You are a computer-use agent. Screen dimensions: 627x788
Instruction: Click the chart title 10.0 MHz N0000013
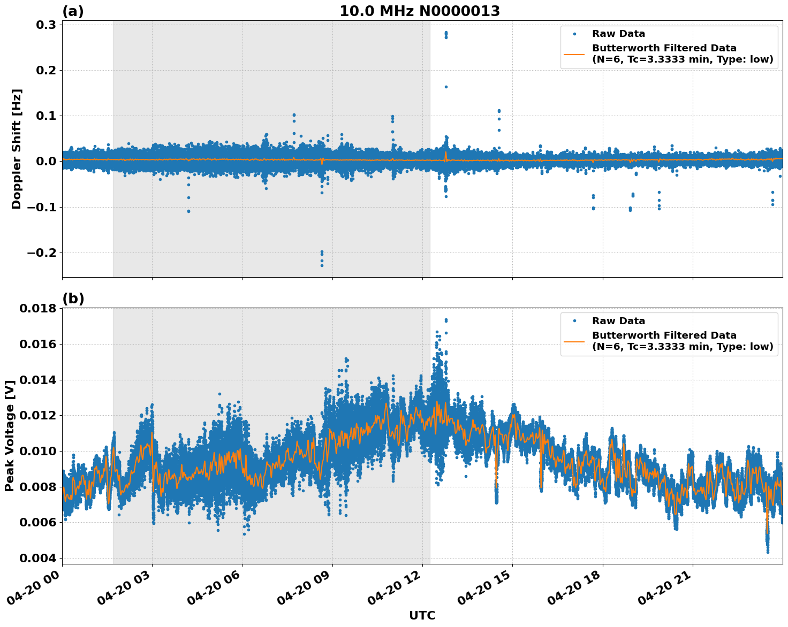coord(420,11)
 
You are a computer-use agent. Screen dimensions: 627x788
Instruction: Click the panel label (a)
coord(73,11)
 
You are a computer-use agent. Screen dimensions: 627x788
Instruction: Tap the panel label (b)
coord(73,299)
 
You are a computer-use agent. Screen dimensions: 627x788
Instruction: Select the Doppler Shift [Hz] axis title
coord(17,149)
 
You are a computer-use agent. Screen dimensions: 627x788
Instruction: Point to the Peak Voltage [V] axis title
coord(9,436)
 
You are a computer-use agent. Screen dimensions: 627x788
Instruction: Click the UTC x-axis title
coord(422,615)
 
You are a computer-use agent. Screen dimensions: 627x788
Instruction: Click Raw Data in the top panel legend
coord(618,34)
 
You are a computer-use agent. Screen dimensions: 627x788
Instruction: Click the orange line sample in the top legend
coord(574,54)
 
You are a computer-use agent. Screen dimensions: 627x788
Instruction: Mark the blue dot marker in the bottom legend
coord(574,321)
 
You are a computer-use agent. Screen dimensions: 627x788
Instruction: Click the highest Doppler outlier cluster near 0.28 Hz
coord(446,34)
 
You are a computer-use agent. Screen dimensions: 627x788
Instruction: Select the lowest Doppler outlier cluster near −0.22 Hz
coord(322,258)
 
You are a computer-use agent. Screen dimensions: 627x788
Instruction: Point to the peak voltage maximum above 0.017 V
coord(446,320)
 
